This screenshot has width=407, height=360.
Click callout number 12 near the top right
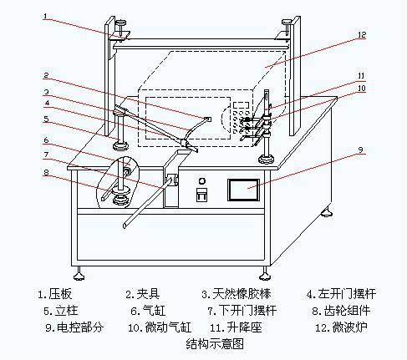362,35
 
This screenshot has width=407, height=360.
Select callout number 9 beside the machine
360,150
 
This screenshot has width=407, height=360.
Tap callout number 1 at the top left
45,16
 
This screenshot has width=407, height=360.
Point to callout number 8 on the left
46,173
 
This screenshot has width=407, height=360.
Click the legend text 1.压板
55,294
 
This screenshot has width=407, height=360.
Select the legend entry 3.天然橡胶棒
237,294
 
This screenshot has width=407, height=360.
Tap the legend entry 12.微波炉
341,327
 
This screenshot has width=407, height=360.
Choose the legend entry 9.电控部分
74,327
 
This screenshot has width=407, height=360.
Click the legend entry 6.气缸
148,311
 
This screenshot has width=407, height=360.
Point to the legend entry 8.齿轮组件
342,311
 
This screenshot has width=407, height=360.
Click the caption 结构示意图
215,344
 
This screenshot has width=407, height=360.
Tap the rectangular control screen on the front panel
244,190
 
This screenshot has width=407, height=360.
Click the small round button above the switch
202,181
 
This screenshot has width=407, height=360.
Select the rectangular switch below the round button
201,195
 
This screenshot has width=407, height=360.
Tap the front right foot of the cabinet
265,274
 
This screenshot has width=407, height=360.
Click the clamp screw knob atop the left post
121,27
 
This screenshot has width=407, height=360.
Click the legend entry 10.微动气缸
160,327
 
